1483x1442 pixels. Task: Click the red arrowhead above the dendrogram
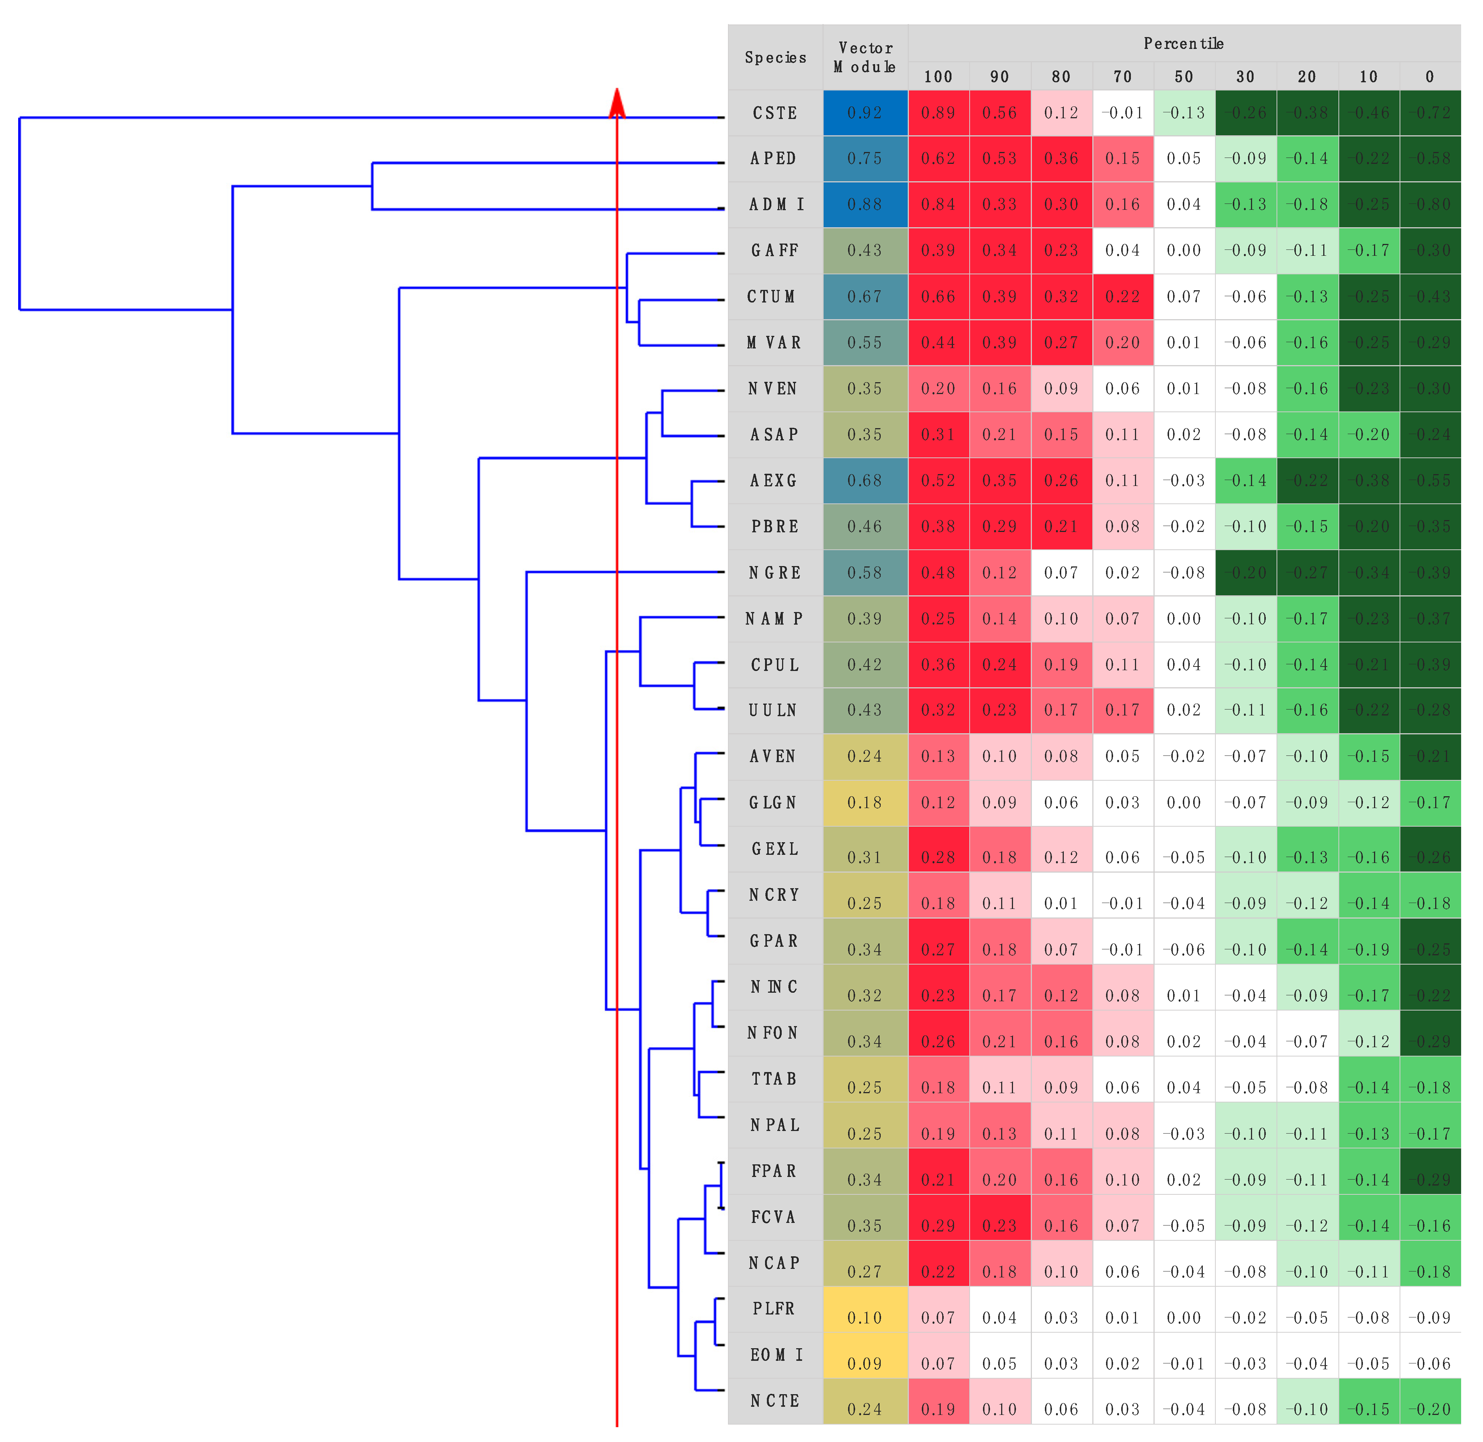(x=617, y=104)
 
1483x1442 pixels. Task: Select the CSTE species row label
(x=775, y=113)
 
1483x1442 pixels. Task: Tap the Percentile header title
(x=1183, y=43)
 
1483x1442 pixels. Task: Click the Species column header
(x=775, y=57)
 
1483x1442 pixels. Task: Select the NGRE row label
(x=775, y=573)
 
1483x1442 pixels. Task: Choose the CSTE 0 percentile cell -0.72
(x=1430, y=113)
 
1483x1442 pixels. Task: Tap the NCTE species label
(x=775, y=1400)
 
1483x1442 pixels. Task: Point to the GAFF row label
(x=775, y=251)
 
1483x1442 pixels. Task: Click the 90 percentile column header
(x=1000, y=76)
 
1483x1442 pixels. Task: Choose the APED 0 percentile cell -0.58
(x=1430, y=158)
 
